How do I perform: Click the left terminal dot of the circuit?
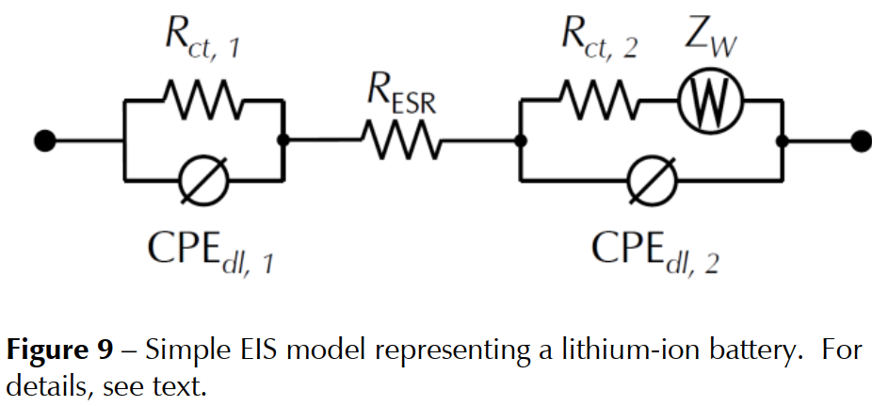coord(42,141)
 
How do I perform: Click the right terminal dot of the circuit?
coord(859,141)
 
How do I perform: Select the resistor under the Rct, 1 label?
coord(202,94)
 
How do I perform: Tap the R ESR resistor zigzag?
coord(399,141)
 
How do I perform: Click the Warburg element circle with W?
coord(709,95)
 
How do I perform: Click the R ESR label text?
coord(401,98)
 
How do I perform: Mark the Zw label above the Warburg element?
coord(711,38)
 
